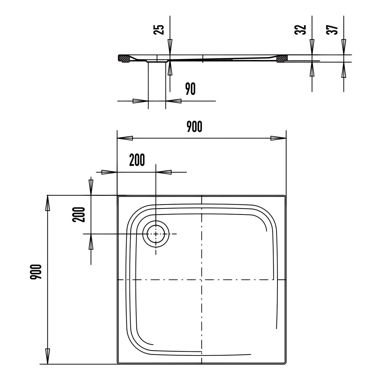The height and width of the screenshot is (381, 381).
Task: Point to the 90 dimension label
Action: (x=190, y=89)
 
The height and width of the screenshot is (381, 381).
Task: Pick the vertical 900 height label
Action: (x=36, y=272)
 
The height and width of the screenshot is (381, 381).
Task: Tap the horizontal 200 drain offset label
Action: (x=137, y=160)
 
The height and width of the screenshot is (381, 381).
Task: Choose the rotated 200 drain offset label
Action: (x=79, y=215)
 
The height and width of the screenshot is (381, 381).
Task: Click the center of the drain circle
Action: (x=156, y=234)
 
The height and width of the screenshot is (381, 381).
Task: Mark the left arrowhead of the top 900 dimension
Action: (x=125, y=138)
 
